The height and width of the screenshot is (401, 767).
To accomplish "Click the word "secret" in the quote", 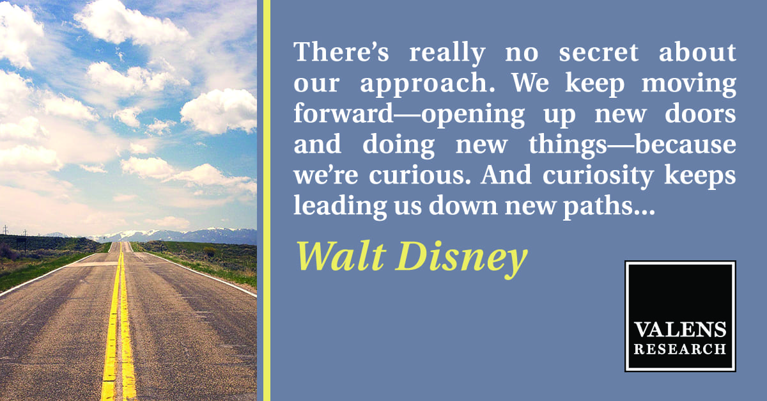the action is [x=598, y=52].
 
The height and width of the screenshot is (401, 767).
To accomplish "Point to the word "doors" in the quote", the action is [x=701, y=113].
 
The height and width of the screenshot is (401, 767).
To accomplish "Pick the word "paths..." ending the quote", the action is [x=609, y=207].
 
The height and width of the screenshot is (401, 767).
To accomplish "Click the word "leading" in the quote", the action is [x=340, y=207].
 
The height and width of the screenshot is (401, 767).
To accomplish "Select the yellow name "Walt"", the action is [x=341, y=256].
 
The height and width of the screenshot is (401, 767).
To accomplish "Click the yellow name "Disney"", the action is [x=461, y=260].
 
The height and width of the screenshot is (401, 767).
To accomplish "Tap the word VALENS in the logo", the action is [x=680, y=330].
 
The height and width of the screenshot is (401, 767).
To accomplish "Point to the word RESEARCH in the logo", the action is [x=680, y=349].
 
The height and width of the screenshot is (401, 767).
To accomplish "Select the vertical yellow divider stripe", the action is [x=267, y=201].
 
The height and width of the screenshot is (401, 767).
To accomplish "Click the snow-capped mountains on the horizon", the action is [x=171, y=235].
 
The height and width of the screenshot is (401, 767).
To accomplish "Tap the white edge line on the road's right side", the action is [x=199, y=272].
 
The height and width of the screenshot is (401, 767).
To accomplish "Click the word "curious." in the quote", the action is [x=420, y=176].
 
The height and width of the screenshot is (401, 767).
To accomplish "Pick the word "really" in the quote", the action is [x=447, y=54].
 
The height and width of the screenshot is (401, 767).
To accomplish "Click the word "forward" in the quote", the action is [x=343, y=113].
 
